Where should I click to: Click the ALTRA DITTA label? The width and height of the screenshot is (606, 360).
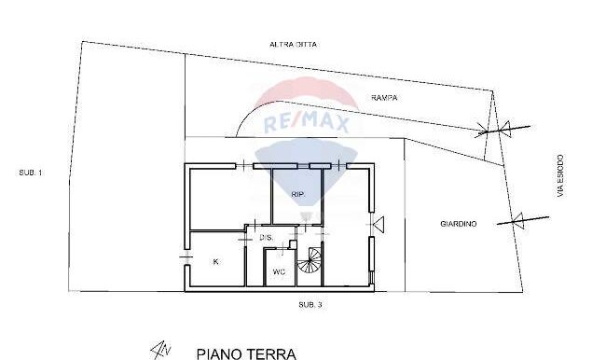point(294,45)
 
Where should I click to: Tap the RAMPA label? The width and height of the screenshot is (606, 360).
point(384,98)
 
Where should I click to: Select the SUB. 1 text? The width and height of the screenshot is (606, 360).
point(31,173)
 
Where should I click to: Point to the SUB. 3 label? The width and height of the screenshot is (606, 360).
point(310,305)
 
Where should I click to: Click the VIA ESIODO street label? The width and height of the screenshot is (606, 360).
point(560,176)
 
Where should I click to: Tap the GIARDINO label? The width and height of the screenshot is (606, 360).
point(459,224)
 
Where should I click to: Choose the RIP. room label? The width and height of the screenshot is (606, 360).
point(298,195)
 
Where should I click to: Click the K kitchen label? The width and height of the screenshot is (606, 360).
point(215,262)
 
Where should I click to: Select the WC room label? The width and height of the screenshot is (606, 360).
point(279,271)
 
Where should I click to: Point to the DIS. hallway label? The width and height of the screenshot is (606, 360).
point(267,238)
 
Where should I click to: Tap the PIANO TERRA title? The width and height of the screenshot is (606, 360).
point(246,353)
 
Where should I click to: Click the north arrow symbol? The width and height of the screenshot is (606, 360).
point(160,350)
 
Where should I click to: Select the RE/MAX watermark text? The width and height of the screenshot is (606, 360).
point(306,123)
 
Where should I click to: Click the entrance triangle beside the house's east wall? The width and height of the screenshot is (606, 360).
point(379,225)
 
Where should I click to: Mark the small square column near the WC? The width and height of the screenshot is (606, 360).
point(293,244)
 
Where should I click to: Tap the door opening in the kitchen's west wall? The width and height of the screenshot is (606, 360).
point(187,256)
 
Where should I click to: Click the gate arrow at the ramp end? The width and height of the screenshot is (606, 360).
point(503,129)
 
